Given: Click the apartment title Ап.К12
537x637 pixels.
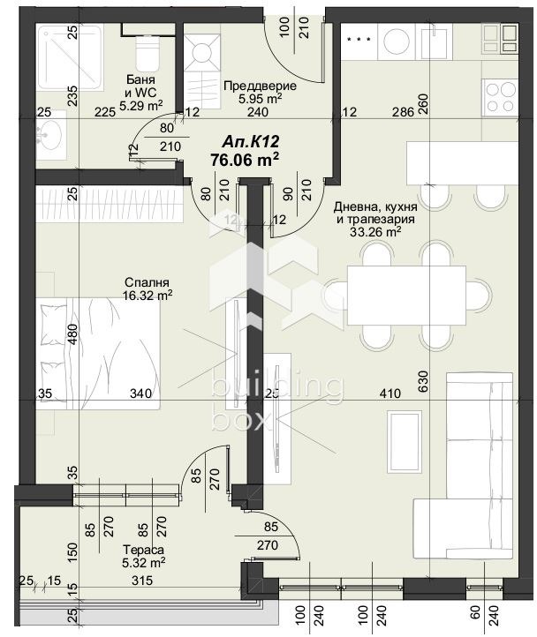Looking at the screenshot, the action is (x=251, y=141).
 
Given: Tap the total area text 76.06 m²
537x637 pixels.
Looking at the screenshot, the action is (x=245, y=159).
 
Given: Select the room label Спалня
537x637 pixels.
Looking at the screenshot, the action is (x=147, y=282).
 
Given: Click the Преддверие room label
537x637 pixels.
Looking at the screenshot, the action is (x=260, y=86).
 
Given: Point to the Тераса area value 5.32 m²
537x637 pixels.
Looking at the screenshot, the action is (x=143, y=562).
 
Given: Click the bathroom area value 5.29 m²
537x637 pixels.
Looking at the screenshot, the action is (x=140, y=106).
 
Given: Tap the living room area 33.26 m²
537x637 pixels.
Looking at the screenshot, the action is (x=375, y=232).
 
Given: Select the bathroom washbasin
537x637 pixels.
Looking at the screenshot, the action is (x=49, y=133).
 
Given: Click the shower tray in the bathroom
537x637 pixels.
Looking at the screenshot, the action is (x=69, y=56).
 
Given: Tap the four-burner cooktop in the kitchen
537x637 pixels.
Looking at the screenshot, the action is (x=500, y=98).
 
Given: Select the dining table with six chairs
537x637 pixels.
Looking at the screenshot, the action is (x=407, y=295).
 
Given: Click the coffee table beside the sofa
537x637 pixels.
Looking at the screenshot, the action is (x=404, y=441).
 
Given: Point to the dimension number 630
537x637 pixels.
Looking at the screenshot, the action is (x=423, y=380).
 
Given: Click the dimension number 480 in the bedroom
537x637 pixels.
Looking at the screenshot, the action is (x=72, y=334).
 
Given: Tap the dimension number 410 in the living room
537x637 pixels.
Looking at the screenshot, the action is (x=390, y=393).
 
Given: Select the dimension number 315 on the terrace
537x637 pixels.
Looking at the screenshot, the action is (x=141, y=581).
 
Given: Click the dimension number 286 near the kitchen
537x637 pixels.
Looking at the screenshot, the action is (x=403, y=112).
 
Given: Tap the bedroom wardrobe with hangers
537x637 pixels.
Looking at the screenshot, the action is (x=109, y=204).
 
